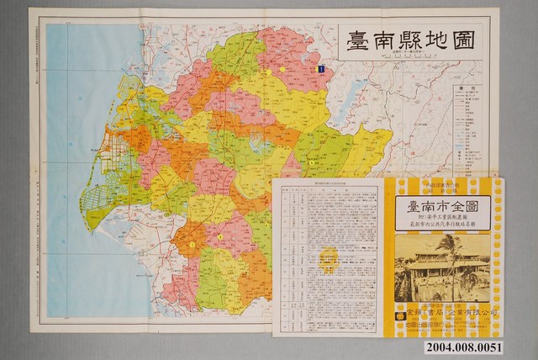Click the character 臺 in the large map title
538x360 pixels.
(x=359, y=40)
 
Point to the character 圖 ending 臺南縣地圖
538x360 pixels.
(x=481, y=40)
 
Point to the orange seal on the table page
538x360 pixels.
(x=330, y=255)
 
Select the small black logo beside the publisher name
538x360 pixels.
(x=401, y=312)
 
